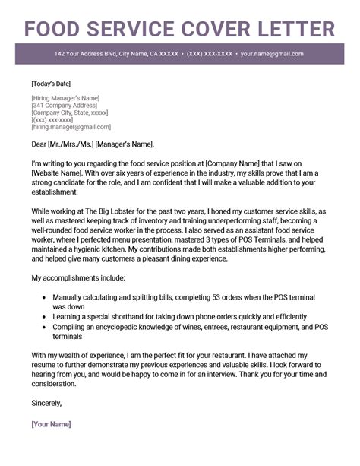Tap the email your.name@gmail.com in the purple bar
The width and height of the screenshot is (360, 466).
click(272, 55)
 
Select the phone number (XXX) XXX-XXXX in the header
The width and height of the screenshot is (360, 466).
click(209, 55)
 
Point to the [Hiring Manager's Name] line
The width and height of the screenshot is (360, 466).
click(66, 98)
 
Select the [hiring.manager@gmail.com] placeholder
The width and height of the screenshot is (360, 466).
click(71, 127)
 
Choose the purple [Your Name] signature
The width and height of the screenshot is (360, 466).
click(52, 423)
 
